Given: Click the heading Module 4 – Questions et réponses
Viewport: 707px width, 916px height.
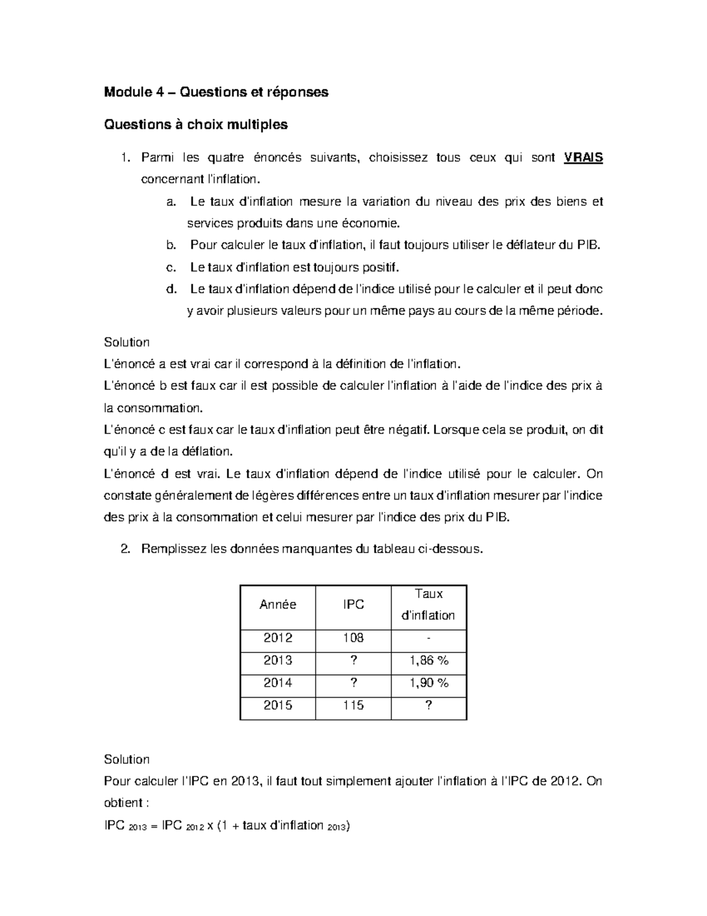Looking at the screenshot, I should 216,92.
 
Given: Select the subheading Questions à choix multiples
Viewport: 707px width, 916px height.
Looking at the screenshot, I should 196,124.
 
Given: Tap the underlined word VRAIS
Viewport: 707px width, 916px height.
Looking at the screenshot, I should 583,157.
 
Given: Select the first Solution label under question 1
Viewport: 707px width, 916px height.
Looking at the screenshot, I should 126,342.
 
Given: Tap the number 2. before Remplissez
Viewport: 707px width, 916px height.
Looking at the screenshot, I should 124,549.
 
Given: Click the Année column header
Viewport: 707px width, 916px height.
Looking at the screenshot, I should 277,605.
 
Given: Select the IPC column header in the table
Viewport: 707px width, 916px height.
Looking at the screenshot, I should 353,605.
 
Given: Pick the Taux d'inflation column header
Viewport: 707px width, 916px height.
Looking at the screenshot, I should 428,605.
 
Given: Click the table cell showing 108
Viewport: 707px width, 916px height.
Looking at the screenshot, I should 353,638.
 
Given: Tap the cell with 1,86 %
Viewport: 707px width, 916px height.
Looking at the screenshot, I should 428,660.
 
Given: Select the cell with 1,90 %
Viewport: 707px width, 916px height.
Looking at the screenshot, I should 428,682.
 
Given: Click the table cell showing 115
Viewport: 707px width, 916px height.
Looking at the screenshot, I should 353,705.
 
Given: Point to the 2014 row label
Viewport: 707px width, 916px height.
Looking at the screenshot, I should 277,682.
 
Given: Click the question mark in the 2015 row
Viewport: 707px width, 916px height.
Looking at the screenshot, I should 428,705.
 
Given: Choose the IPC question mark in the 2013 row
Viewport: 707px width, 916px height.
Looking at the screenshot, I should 353,660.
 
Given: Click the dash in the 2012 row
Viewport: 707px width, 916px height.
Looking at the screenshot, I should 428,638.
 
